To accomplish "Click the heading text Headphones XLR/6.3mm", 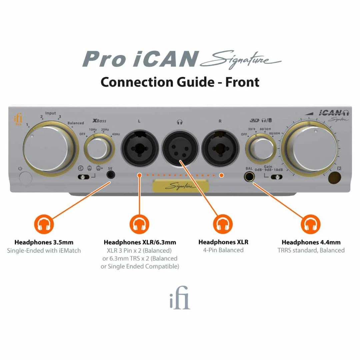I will pyautogui.click(x=140, y=242).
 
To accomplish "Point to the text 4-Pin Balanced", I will pyautogui.click(x=223, y=250).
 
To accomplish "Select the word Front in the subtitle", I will pyautogui.click(x=242, y=82).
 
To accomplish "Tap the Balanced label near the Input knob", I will pyautogui.click(x=76, y=123).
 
